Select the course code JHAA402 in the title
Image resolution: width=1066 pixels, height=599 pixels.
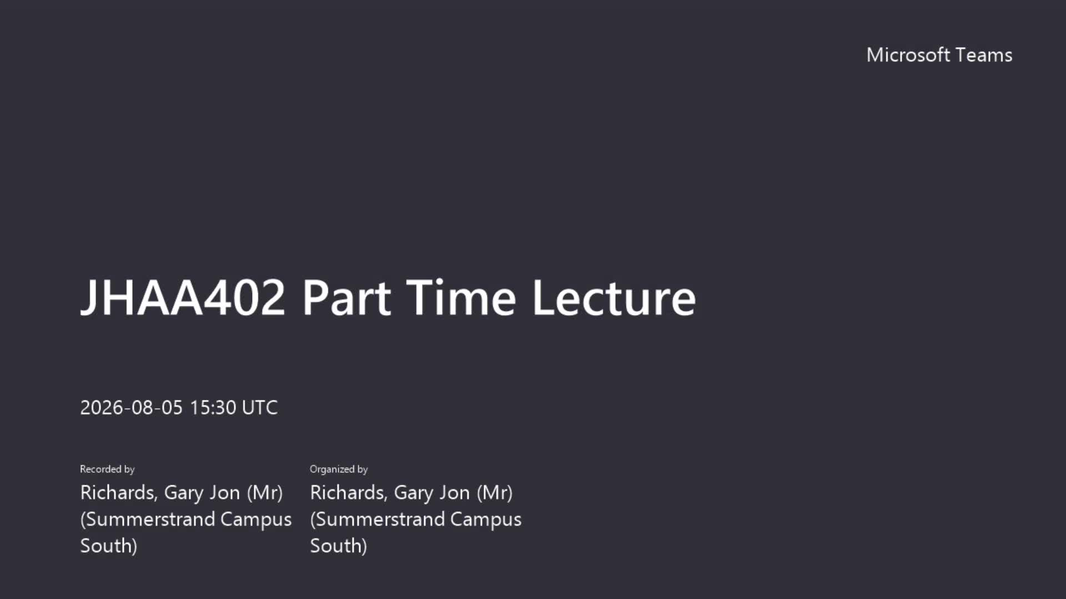click(x=183, y=298)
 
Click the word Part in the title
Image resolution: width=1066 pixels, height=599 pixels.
click(x=346, y=298)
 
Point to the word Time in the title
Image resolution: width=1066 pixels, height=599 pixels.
click(x=461, y=298)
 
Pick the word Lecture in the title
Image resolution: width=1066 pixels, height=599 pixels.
click(x=614, y=298)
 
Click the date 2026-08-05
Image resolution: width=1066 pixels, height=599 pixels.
click(x=131, y=408)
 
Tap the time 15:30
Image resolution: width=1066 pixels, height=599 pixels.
click(x=213, y=408)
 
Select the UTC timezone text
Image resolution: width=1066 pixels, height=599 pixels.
click(x=260, y=408)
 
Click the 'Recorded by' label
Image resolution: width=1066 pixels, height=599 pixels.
click(x=107, y=469)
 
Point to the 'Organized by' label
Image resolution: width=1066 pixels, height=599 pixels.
click(x=339, y=469)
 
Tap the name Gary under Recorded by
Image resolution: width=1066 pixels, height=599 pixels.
click(x=183, y=493)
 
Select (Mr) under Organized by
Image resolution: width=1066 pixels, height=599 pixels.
click(x=495, y=493)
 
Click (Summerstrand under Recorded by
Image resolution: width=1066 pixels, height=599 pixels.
click(x=148, y=519)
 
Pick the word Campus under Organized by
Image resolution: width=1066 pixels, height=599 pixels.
click(x=486, y=520)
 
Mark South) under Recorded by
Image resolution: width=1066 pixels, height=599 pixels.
click(x=109, y=546)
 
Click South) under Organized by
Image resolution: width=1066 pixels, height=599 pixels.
click(x=339, y=546)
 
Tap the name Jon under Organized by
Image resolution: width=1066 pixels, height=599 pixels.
click(x=454, y=493)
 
